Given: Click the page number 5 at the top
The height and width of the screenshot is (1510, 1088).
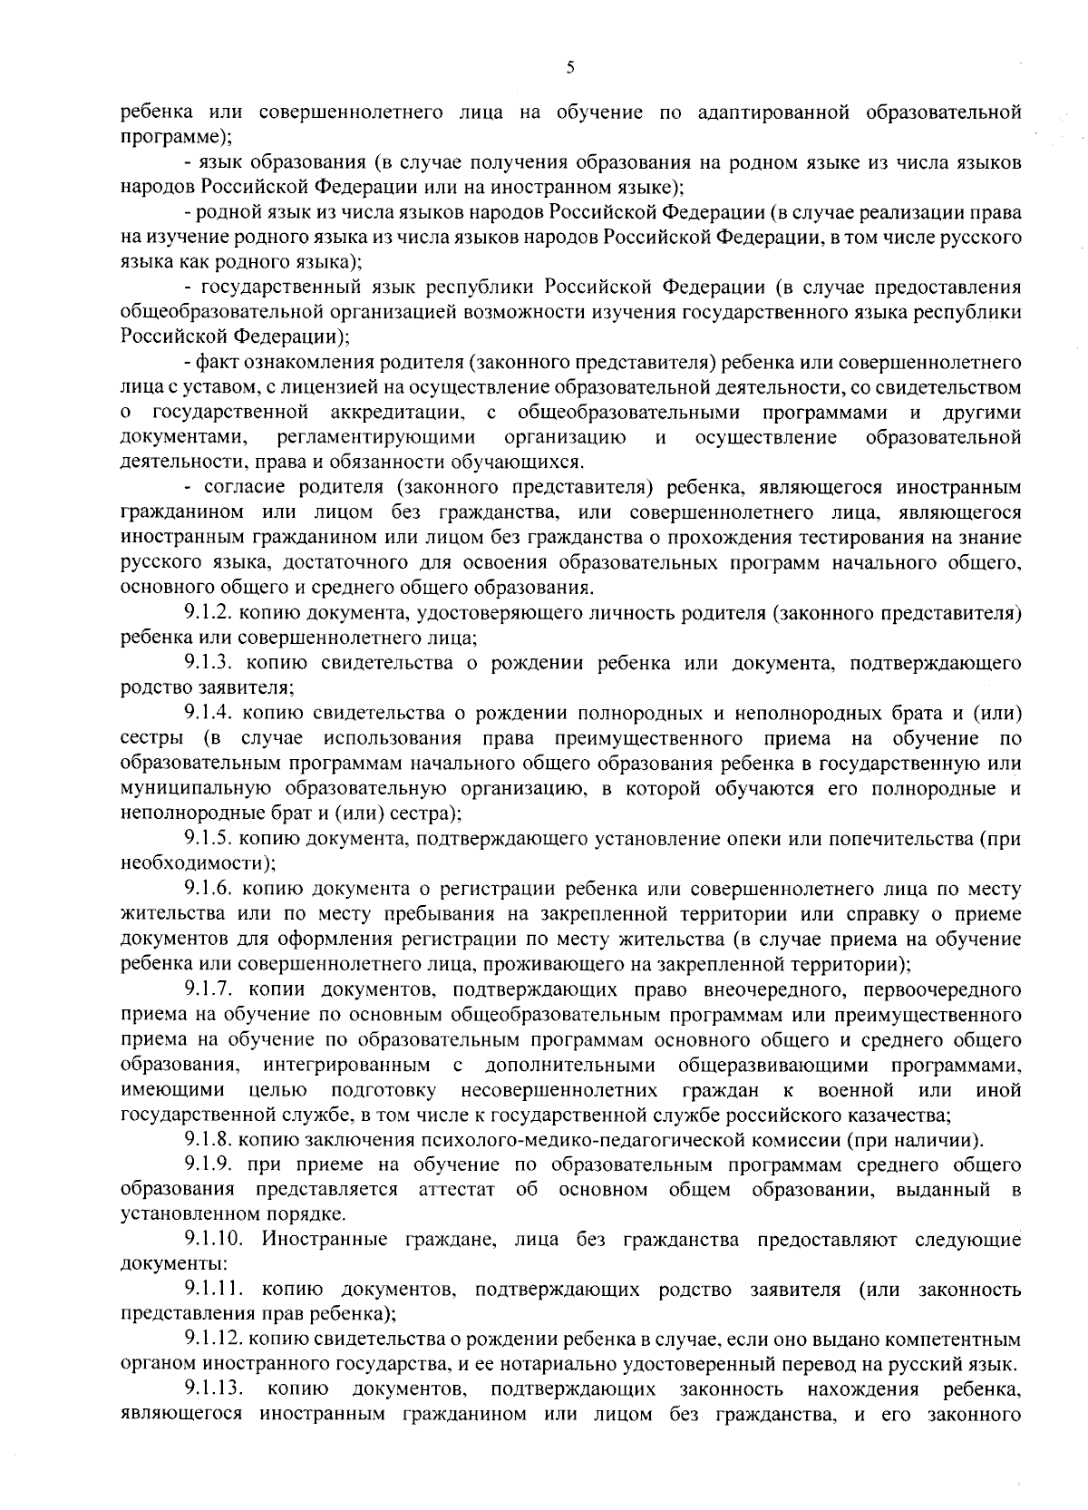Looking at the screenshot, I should (x=569, y=67).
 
